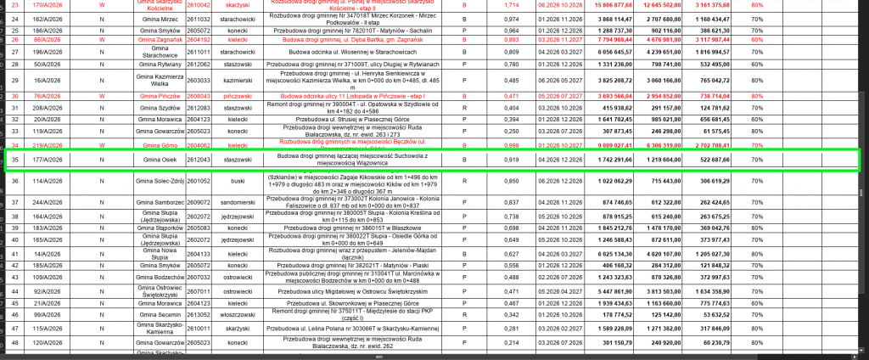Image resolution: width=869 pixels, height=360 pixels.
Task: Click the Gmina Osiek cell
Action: pos(158,159)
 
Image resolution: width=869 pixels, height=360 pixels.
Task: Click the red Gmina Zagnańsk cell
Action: pos(158,40)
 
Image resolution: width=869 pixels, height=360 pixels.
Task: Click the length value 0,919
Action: pos(511,159)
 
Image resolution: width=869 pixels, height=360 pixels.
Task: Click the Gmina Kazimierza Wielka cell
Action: pos(158,80)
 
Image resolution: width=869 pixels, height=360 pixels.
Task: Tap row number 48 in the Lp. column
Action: pos(13,342)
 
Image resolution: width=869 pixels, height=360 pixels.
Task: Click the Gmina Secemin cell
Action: pos(158,313)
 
